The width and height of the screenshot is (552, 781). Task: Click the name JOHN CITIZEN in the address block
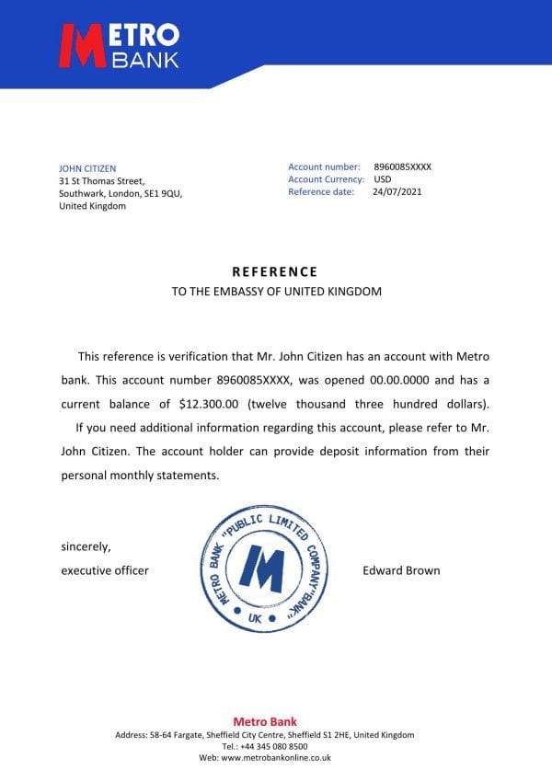pyautogui.click(x=87, y=168)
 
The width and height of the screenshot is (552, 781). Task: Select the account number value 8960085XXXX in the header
pyautogui.click(x=402, y=167)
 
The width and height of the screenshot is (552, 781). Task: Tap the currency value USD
pyautogui.click(x=383, y=179)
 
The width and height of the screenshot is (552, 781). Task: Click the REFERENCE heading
pyautogui.click(x=274, y=271)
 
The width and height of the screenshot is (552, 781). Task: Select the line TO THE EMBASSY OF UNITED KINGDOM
pyautogui.click(x=276, y=292)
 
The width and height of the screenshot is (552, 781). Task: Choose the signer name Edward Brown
pyautogui.click(x=402, y=570)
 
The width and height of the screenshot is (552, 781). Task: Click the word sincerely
pyautogui.click(x=86, y=547)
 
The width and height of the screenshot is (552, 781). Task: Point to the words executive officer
pyautogui.click(x=105, y=570)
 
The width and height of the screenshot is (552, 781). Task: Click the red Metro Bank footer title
pyautogui.click(x=265, y=722)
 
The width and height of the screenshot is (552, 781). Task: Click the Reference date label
pyautogui.click(x=321, y=192)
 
